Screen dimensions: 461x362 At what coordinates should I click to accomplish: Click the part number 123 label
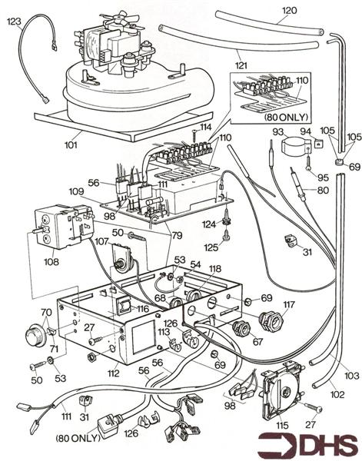pos(14,22)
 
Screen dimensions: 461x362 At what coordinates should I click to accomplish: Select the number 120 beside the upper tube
pos(288,10)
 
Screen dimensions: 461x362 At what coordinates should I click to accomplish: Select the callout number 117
pos(289,305)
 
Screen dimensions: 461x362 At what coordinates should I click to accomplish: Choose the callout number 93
pos(277,132)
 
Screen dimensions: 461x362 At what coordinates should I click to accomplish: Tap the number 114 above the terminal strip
pos(205,127)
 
